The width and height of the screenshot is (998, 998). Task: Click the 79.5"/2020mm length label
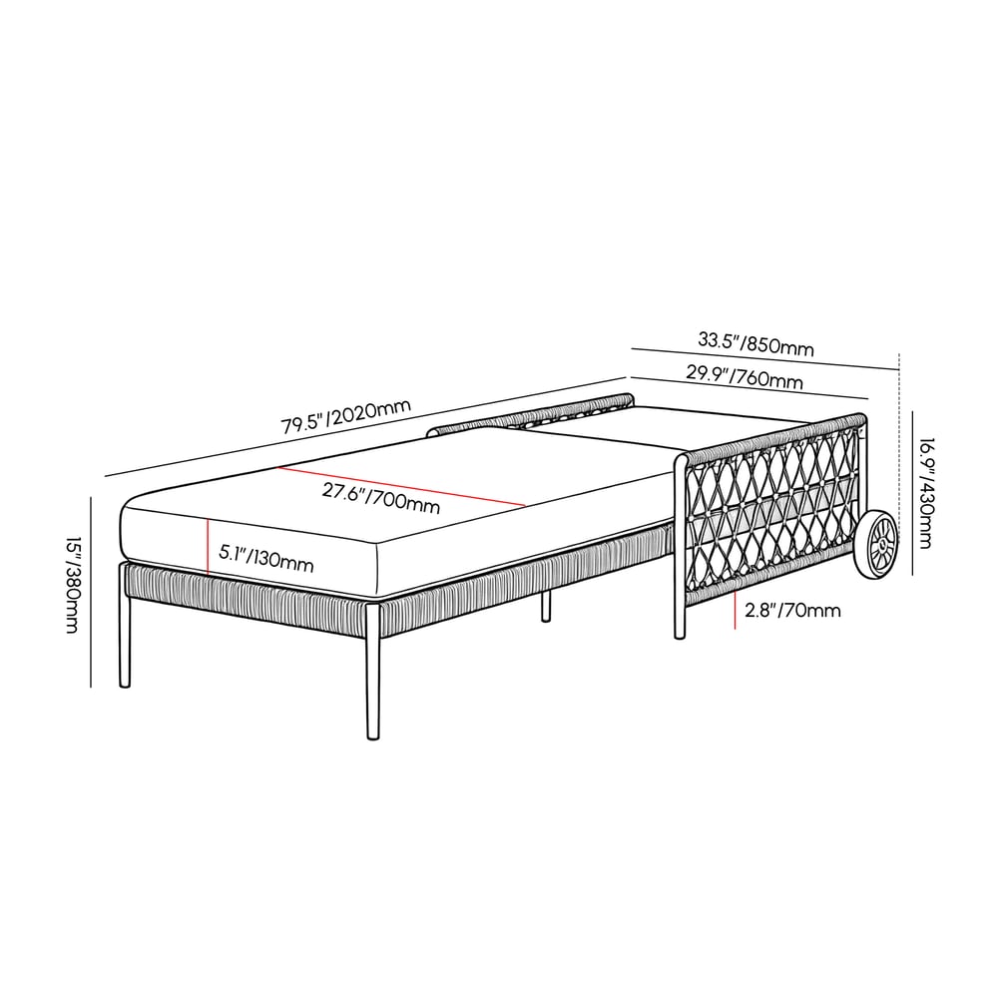point(345,415)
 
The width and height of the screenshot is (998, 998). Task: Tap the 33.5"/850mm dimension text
point(755,342)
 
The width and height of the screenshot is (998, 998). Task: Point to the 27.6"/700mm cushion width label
point(382,497)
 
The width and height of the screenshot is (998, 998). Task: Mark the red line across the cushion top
point(399,486)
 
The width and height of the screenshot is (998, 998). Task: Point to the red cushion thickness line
point(208,546)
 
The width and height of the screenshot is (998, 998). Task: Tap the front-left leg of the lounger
point(125,639)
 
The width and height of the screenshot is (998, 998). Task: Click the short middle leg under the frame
point(546,605)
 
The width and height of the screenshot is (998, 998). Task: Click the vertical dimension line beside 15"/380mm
point(92,591)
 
